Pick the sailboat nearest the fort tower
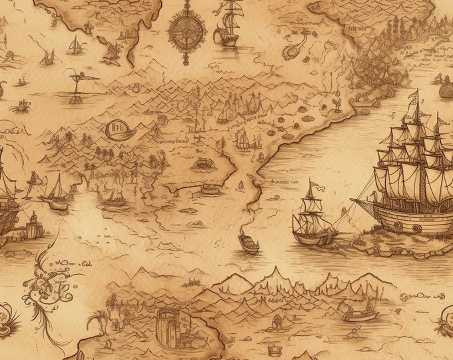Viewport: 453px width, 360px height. point(56,193)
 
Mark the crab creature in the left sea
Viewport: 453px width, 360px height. point(24,105)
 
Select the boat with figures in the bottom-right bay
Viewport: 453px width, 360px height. point(360,312)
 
